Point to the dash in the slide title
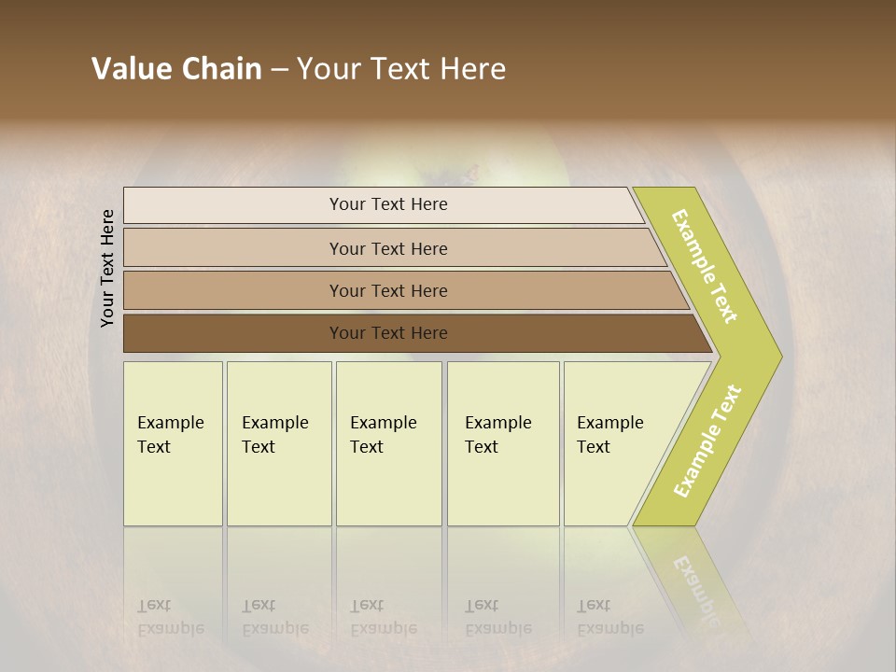279,69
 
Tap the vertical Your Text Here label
107,268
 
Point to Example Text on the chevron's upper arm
705,267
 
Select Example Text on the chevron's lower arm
707,441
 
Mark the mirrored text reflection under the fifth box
609,617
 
